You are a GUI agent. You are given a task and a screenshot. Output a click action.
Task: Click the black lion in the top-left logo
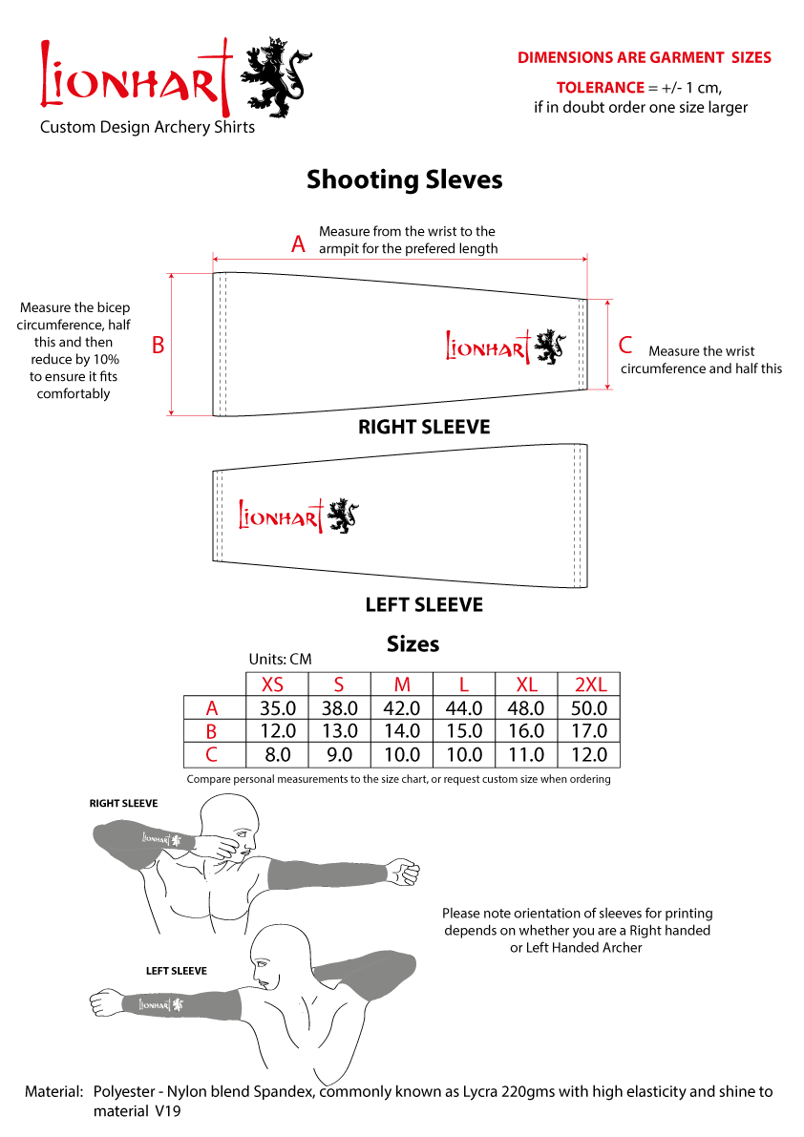click(x=278, y=77)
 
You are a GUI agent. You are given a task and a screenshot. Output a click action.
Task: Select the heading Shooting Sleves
click(x=404, y=179)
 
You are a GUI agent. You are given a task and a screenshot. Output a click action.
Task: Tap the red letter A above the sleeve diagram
click(x=298, y=245)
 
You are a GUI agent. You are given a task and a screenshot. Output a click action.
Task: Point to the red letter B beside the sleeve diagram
click(x=159, y=345)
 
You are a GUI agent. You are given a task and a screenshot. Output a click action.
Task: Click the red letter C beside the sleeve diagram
click(x=625, y=345)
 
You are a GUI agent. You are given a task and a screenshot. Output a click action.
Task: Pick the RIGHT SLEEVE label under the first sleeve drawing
click(x=424, y=427)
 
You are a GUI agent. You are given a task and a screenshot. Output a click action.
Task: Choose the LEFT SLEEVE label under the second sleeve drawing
click(x=424, y=605)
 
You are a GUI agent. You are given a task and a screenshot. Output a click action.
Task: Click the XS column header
click(x=273, y=684)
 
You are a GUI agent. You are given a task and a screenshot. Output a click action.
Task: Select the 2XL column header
click(x=589, y=684)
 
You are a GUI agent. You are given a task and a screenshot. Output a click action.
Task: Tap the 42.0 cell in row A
click(x=401, y=708)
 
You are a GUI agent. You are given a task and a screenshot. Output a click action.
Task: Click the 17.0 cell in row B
click(x=588, y=731)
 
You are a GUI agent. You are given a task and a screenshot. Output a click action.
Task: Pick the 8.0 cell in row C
click(x=277, y=755)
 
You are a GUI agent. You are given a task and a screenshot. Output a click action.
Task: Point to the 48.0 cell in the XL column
click(x=526, y=708)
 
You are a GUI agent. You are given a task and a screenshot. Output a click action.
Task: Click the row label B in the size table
click(x=212, y=731)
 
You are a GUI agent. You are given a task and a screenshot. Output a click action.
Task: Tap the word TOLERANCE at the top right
click(x=600, y=88)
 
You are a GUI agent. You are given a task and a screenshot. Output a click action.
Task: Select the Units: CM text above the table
click(x=280, y=659)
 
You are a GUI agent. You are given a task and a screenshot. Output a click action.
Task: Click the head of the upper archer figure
click(x=235, y=824)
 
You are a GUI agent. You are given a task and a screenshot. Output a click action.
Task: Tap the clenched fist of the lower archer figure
click(x=102, y=1003)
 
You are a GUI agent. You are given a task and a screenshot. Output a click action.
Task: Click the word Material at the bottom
click(x=53, y=1091)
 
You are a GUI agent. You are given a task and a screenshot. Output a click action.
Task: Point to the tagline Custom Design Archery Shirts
click(x=147, y=127)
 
